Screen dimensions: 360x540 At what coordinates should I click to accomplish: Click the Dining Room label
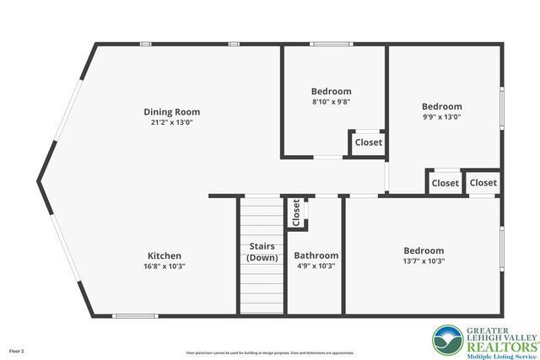pos(171,111)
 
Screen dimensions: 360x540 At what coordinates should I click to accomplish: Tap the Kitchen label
pos(165,255)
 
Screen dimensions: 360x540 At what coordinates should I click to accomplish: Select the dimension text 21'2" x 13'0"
pos(171,122)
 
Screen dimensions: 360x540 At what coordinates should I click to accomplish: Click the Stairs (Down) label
pos(262,252)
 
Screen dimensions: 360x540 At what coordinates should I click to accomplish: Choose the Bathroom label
pos(316,255)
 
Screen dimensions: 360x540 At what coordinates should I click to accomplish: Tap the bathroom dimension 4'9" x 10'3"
pos(316,266)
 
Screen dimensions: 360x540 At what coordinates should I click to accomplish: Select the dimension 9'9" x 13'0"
pos(441,117)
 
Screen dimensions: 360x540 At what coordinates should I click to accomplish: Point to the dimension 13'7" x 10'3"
pos(423,261)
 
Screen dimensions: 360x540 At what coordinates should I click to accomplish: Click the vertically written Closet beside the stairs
pos(296,212)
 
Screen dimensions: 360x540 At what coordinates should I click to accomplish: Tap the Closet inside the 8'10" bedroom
pos(368,142)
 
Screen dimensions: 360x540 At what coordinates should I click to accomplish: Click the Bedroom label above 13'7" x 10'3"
pos(423,250)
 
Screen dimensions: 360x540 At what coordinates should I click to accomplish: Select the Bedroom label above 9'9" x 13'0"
pos(442,106)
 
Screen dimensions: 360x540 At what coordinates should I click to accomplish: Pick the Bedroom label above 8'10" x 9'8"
pos(331,91)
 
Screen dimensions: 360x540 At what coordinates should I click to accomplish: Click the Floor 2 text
pos(17,350)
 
